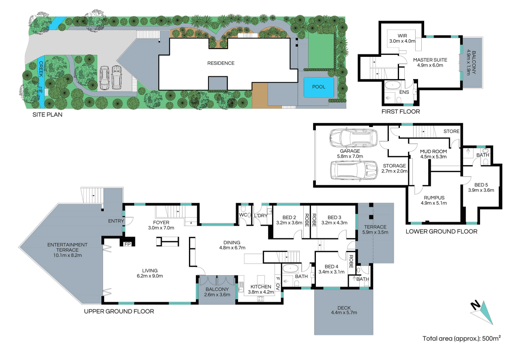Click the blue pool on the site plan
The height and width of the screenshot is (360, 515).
point(319,87)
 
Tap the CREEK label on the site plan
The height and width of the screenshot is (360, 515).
point(41,69)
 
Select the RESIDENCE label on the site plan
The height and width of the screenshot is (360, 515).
point(221,63)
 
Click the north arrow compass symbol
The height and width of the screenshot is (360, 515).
point(482,313)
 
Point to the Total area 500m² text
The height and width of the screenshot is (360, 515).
point(461,338)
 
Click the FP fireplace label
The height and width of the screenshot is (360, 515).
point(127,244)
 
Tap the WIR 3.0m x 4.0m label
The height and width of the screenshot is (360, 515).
point(402,39)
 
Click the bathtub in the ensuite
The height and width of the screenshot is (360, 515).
point(393,85)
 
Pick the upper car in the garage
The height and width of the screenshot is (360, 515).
point(353,138)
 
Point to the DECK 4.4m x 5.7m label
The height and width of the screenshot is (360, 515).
point(344,310)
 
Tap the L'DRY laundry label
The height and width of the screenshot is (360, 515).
point(260,216)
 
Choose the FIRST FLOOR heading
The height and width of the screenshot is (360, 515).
point(401,112)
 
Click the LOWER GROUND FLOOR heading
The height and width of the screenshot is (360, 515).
point(442,232)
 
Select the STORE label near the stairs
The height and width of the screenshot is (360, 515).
point(451,131)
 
